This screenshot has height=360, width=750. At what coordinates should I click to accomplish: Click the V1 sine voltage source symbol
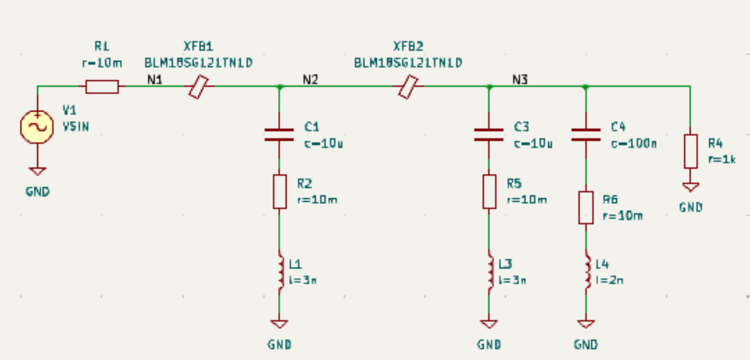pyautogui.click(x=37, y=127)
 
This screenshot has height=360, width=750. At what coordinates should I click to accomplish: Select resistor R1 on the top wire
pyautogui.click(x=102, y=86)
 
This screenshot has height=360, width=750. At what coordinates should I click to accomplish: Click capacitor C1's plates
pyautogui.click(x=279, y=134)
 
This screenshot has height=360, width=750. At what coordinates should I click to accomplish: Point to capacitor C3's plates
pyautogui.click(x=489, y=134)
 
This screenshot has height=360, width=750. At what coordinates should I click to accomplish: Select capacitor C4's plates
pyautogui.click(x=586, y=134)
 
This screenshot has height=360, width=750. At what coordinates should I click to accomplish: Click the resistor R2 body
pyautogui.click(x=279, y=192)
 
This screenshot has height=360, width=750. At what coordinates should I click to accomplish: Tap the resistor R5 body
pyautogui.click(x=489, y=192)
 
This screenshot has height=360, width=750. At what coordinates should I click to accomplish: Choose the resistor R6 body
pyautogui.click(x=586, y=207)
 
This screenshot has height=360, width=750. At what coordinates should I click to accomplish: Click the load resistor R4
pyautogui.click(x=690, y=150)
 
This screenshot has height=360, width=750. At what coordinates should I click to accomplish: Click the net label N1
pyautogui.click(x=154, y=80)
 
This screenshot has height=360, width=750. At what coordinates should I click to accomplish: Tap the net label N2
pyautogui.click(x=310, y=80)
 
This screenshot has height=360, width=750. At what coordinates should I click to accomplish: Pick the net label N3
pyautogui.click(x=520, y=80)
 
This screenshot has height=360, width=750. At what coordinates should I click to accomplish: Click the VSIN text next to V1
pyautogui.click(x=75, y=127)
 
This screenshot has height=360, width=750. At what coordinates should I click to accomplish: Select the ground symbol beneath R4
pyautogui.click(x=690, y=188)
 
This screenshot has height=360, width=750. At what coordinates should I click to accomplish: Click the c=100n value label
pyautogui.click(x=634, y=143)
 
